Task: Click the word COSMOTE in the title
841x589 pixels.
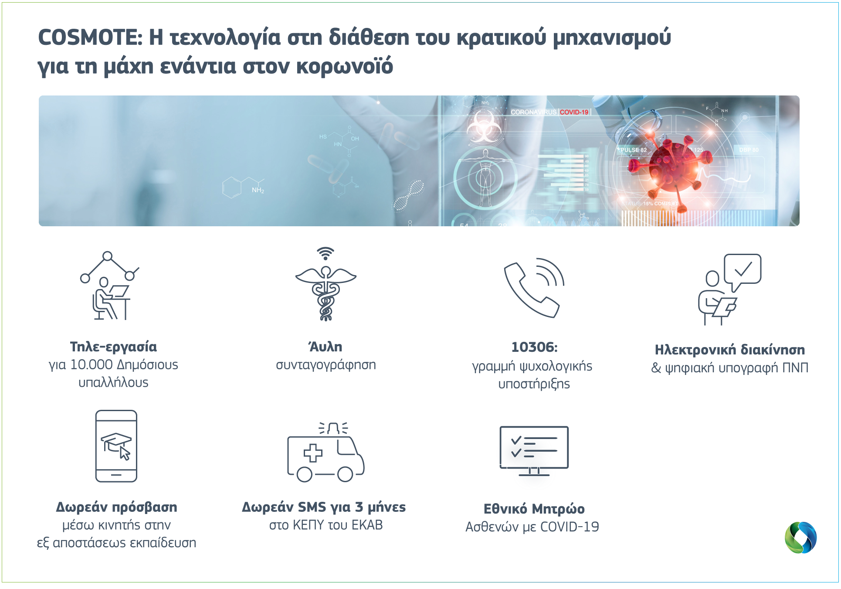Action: coord(90,37)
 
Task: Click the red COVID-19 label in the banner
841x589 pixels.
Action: coord(574,112)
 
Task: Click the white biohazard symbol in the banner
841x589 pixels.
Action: coord(484,126)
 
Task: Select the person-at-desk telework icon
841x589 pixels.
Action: coord(109,286)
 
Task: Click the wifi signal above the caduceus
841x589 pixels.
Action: coord(326,253)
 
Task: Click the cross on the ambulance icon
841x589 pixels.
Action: coord(313,453)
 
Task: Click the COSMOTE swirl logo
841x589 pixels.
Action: coord(800,538)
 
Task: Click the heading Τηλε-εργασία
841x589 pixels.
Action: coord(113,347)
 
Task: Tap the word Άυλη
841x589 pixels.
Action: coord(326,347)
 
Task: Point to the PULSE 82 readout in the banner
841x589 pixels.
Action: coord(633,150)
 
